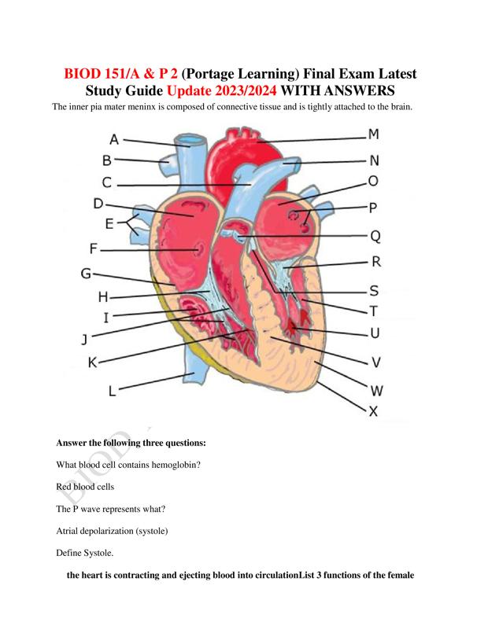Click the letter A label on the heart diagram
114,140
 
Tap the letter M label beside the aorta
374,134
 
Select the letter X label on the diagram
373,411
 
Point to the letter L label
112,391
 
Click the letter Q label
375,237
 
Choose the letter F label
93,249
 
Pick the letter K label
93,362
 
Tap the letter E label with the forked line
109,224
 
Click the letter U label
374,333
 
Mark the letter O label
373,182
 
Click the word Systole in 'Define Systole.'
98,553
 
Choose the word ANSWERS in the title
359,90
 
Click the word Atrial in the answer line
67,531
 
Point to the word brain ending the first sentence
401,107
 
